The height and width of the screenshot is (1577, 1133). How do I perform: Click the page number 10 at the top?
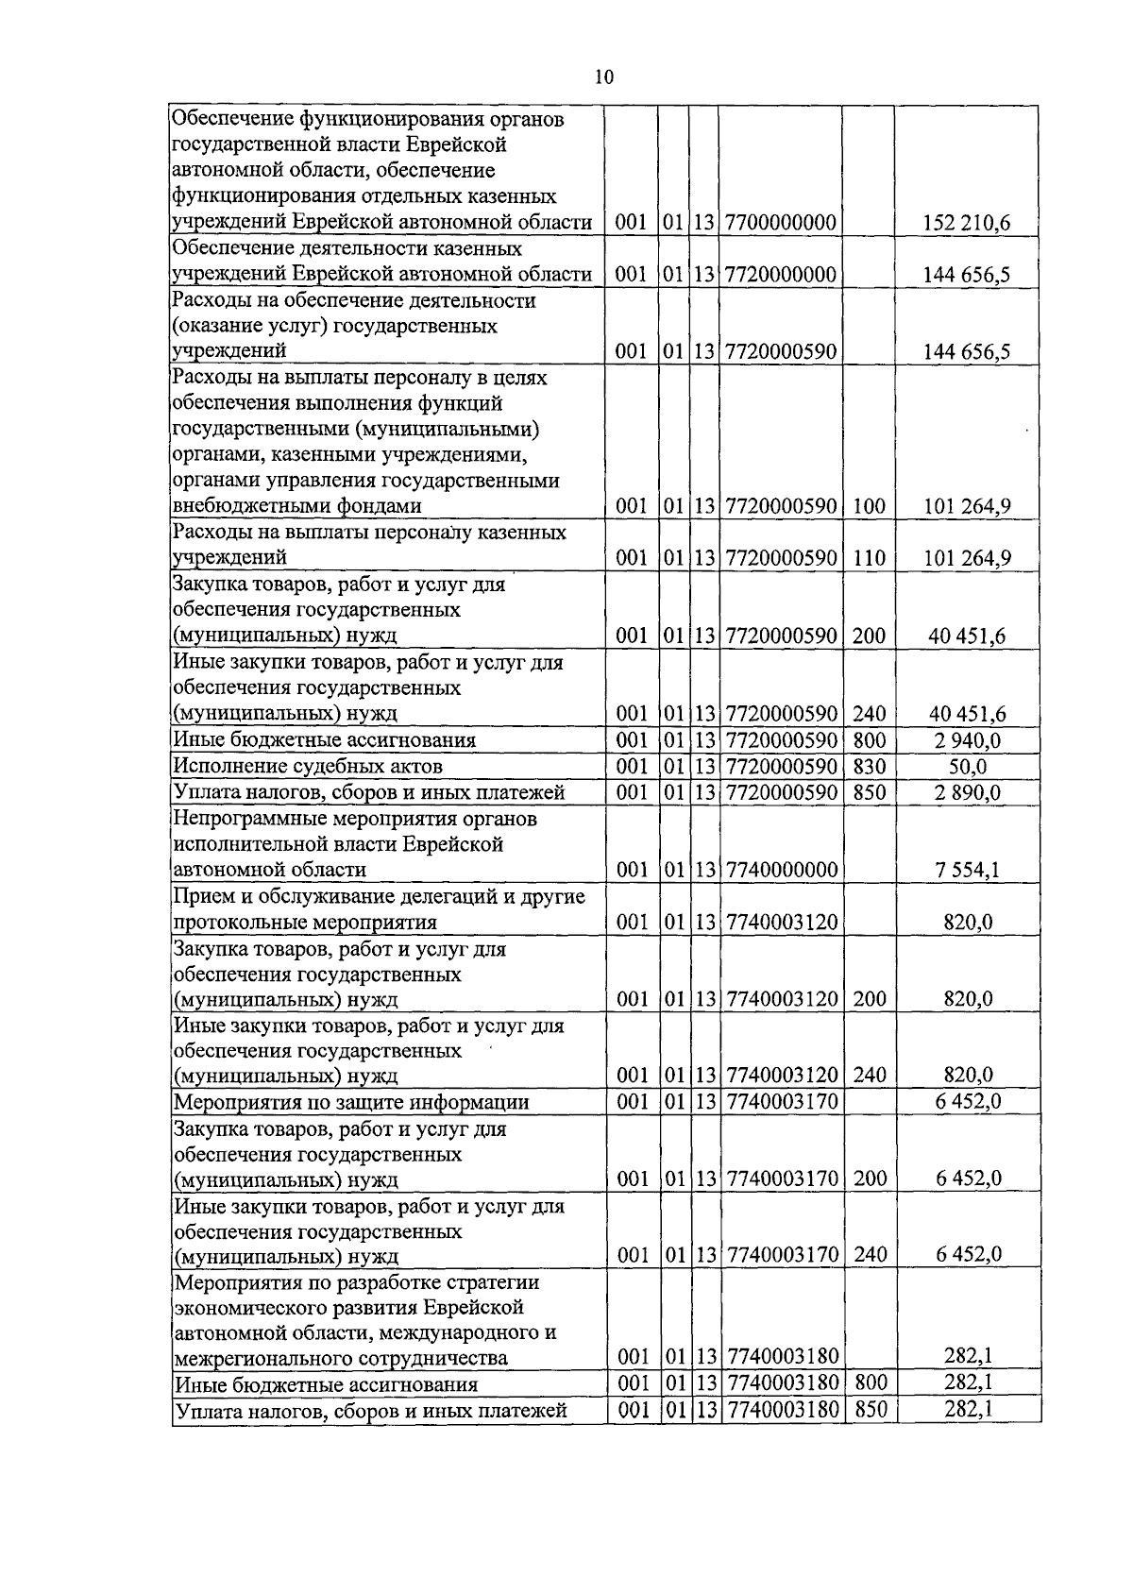[x=604, y=77]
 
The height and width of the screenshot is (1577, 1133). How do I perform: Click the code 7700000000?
[x=781, y=223]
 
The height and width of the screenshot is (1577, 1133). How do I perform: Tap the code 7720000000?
[x=781, y=275]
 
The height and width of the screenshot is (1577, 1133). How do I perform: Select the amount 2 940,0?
[x=968, y=740]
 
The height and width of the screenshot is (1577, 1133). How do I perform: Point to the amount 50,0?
[x=968, y=766]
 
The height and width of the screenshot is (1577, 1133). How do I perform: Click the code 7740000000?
[x=781, y=870]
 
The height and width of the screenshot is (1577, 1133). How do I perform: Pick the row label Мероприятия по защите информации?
[x=350, y=1102]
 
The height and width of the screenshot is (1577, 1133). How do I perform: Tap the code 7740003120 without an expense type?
[x=781, y=922]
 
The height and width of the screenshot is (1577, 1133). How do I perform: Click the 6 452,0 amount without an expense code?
[x=968, y=1102]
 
